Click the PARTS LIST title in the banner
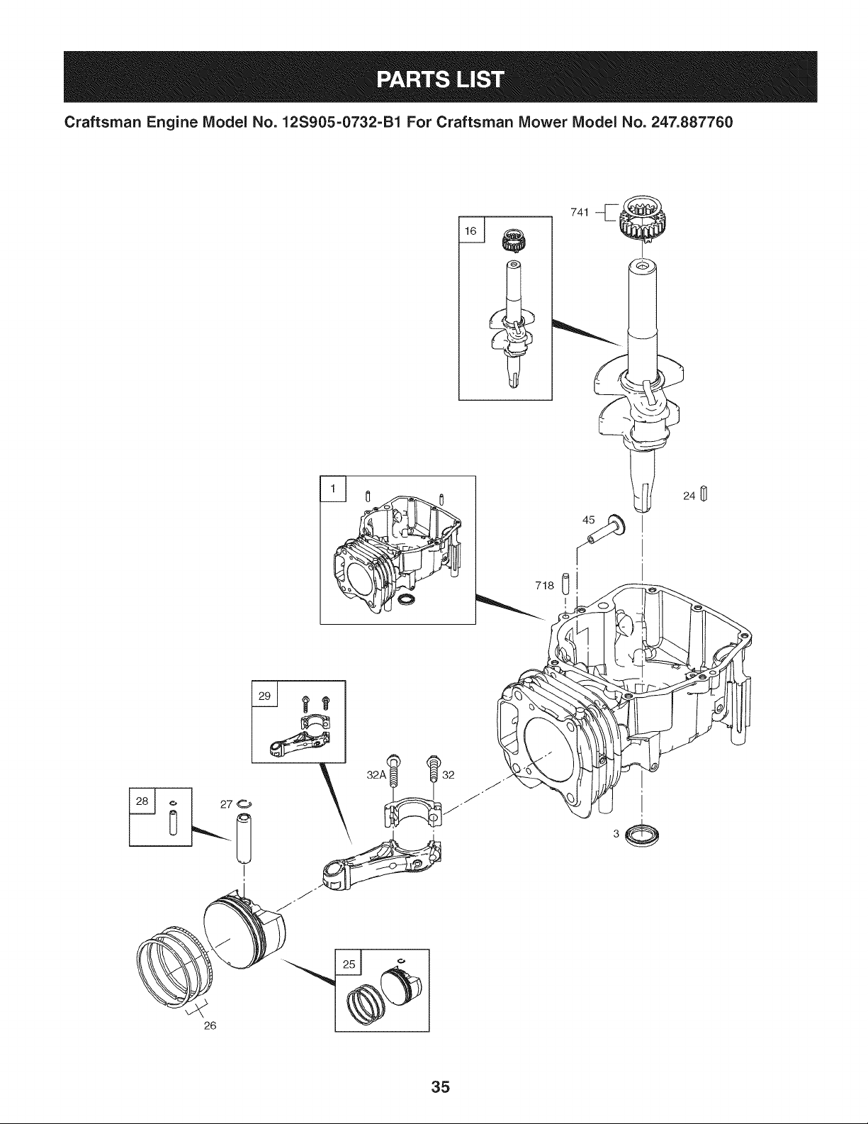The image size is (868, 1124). (x=440, y=79)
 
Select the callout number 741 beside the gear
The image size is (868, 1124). (x=580, y=212)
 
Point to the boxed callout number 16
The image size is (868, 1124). (x=470, y=230)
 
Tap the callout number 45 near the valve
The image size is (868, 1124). (x=589, y=520)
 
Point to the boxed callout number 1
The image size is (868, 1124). (x=333, y=489)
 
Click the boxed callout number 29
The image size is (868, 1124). (x=264, y=696)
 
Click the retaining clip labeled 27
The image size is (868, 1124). (x=244, y=803)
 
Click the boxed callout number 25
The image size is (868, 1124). (x=349, y=964)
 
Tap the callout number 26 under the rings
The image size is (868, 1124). (x=210, y=1025)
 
